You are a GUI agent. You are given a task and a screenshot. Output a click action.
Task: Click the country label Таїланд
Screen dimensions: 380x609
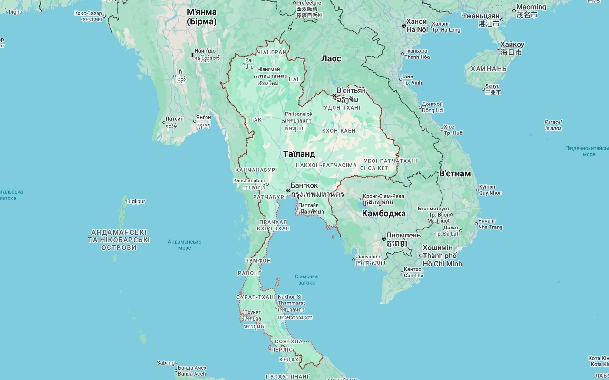point(299,154)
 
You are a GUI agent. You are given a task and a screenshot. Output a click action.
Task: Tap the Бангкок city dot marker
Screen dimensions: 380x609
point(288,190)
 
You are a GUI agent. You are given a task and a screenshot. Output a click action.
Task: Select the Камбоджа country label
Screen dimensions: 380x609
point(383,213)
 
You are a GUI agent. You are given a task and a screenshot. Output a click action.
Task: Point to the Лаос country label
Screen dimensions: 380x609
point(331,58)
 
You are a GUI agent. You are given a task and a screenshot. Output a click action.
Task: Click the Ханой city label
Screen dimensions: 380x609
point(417,22)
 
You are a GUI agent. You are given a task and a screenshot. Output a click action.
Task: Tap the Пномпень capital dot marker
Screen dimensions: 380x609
point(384,239)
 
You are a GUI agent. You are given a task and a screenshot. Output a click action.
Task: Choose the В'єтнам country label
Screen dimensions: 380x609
point(454,173)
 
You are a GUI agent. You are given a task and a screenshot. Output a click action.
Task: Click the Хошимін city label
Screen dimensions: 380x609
point(438,248)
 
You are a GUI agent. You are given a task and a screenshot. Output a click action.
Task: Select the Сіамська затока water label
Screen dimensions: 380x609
point(306,279)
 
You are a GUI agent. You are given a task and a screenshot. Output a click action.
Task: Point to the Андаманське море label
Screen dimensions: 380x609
point(184,245)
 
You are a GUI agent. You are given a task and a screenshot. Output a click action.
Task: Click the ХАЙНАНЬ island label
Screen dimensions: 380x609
point(489,69)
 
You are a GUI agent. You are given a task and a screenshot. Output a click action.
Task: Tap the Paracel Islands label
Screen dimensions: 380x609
point(553,125)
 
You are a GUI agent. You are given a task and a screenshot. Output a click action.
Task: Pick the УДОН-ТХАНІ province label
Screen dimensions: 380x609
point(342,108)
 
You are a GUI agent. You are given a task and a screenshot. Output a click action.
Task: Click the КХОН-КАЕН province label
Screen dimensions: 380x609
point(339,130)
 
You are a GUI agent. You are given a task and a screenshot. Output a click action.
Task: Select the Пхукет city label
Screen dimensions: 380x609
point(252,312)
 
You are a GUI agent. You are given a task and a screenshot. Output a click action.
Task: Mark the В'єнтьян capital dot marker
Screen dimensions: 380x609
point(334,95)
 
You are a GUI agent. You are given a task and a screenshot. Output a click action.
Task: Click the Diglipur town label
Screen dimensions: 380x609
point(136,201)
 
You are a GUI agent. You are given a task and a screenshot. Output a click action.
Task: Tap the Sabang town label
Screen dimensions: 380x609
point(166,363)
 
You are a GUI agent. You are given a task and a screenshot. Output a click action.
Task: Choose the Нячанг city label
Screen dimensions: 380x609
point(487,221)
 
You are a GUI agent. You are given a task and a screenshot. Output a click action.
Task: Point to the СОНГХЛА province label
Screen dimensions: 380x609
point(289,342)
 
